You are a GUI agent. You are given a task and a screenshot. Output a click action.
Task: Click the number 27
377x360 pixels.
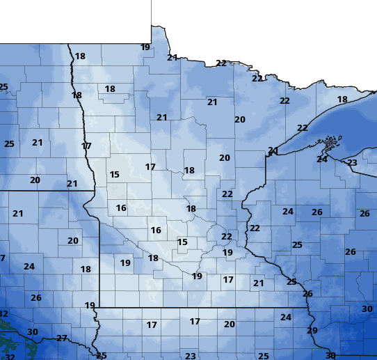click(x=62, y=338)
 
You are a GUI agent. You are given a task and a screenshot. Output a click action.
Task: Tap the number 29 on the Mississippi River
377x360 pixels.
click(x=312, y=331)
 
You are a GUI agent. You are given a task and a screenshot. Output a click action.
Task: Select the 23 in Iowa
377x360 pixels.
click(x=191, y=357)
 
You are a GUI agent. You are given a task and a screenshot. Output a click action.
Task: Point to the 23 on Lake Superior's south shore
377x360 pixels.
click(x=352, y=163)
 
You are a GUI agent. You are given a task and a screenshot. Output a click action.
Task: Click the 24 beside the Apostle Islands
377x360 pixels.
click(x=322, y=159)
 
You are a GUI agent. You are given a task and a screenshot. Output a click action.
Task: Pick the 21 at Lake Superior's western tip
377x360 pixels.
click(x=273, y=150)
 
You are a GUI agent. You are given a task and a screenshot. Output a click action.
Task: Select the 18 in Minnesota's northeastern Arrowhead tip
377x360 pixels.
click(x=342, y=100)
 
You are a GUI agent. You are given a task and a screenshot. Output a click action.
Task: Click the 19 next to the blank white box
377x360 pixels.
click(x=145, y=47)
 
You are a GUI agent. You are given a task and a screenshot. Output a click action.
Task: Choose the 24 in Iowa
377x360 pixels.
click(x=285, y=318)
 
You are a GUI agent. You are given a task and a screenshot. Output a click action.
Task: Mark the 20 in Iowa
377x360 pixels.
click(x=230, y=324)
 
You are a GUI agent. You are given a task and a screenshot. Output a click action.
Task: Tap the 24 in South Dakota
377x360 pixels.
click(x=29, y=267)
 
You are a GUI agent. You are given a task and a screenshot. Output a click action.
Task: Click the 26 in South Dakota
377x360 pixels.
click(x=36, y=298)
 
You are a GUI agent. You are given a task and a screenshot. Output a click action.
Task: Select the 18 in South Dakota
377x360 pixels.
click(x=86, y=269)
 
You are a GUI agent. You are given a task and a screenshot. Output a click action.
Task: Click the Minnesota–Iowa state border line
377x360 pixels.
click(x=202, y=307)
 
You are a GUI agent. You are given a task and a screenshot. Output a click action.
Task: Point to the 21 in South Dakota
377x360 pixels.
click(x=18, y=214)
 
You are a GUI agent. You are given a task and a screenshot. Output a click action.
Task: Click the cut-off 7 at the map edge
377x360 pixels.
click(x=2, y=258)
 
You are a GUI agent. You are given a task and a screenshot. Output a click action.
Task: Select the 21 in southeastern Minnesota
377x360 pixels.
click(x=259, y=283)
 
